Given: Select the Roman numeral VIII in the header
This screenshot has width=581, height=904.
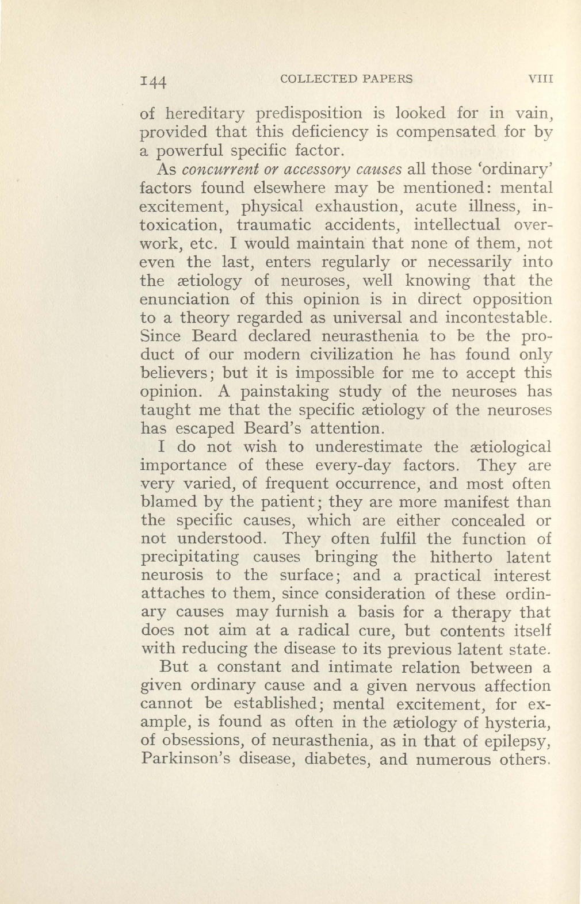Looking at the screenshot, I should pos(540,79).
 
